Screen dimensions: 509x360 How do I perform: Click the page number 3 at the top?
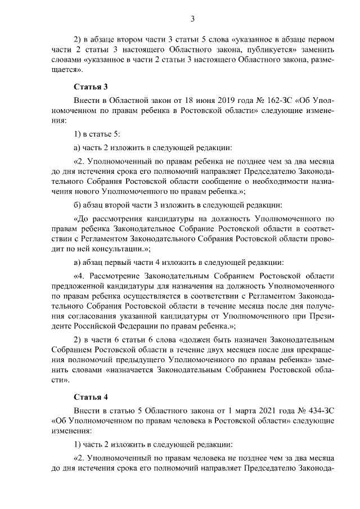192,19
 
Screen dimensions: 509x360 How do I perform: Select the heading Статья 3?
91,87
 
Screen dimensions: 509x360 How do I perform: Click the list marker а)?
78,148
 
